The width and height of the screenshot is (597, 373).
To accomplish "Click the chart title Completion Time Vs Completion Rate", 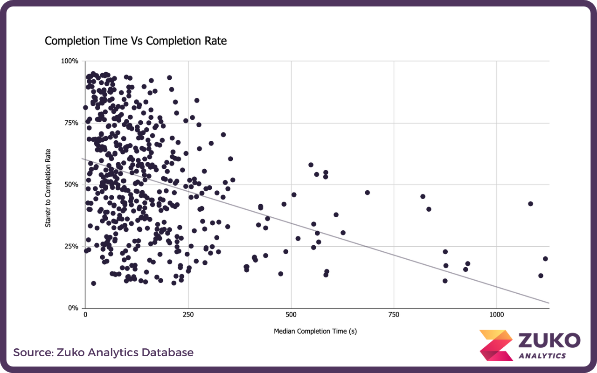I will tap(135, 41).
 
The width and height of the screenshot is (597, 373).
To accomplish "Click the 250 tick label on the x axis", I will tap(188, 315).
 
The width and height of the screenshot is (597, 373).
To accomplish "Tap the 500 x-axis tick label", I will tap(291, 315).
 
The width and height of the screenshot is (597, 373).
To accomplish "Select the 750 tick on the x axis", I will tap(394, 315).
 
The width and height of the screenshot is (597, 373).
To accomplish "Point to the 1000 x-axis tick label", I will tap(496, 315).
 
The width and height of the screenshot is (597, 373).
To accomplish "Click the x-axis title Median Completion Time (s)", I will tap(315, 332).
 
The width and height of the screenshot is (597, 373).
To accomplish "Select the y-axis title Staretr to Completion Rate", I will tap(48, 188).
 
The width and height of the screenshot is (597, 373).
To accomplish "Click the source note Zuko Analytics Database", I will tap(103, 352).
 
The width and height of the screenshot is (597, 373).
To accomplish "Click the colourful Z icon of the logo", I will tap(496, 345).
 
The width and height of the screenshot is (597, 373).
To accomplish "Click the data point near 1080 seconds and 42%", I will tap(530, 204).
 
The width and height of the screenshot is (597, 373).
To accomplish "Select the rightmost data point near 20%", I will tap(545, 259).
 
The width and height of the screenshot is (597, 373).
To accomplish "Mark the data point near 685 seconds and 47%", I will tap(367, 193).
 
